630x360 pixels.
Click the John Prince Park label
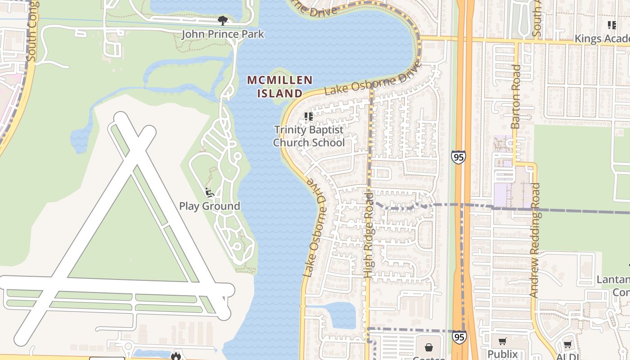tap(223, 34)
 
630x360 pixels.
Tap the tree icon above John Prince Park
tap(222, 20)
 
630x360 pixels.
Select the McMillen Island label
tap(280, 87)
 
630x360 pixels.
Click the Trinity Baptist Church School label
tap(309, 136)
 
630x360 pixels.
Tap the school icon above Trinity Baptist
tap(309, 117)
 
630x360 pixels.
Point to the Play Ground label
tap(210, 206)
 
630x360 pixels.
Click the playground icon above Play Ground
tap(209, 193)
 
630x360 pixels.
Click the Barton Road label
tap(516, 97)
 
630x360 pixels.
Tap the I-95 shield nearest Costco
tap(459, 337)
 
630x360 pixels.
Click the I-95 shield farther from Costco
tap(459, 157)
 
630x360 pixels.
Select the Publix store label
tap(503, 354)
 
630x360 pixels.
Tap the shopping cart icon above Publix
tap(503, 342)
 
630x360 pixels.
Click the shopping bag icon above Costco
tap(429, 347)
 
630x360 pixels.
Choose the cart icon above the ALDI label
tap(567, 345)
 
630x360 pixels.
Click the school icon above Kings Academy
tap(612, 25)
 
